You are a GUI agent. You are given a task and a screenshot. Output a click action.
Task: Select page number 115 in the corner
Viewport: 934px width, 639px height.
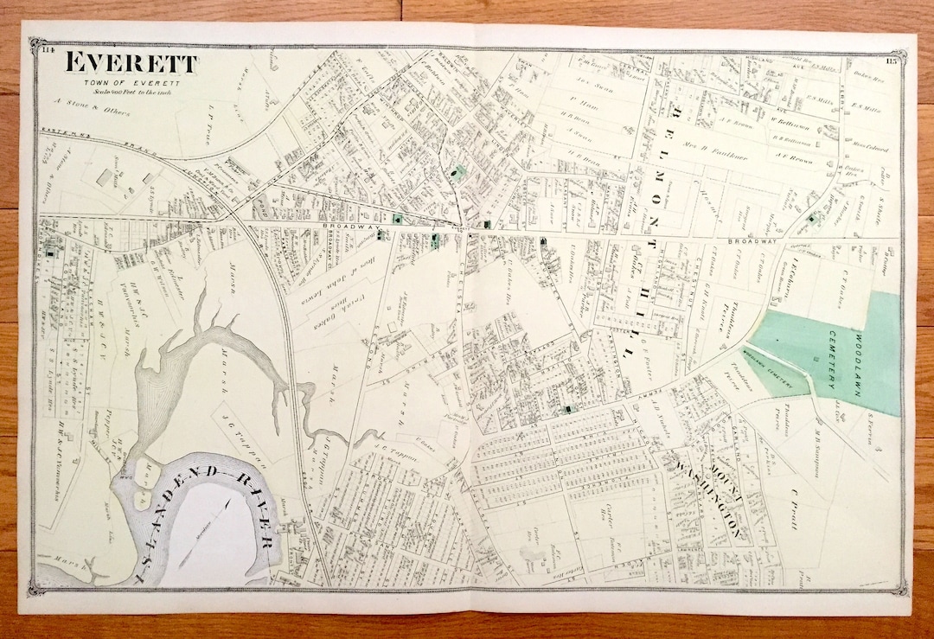tap(892, 61)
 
